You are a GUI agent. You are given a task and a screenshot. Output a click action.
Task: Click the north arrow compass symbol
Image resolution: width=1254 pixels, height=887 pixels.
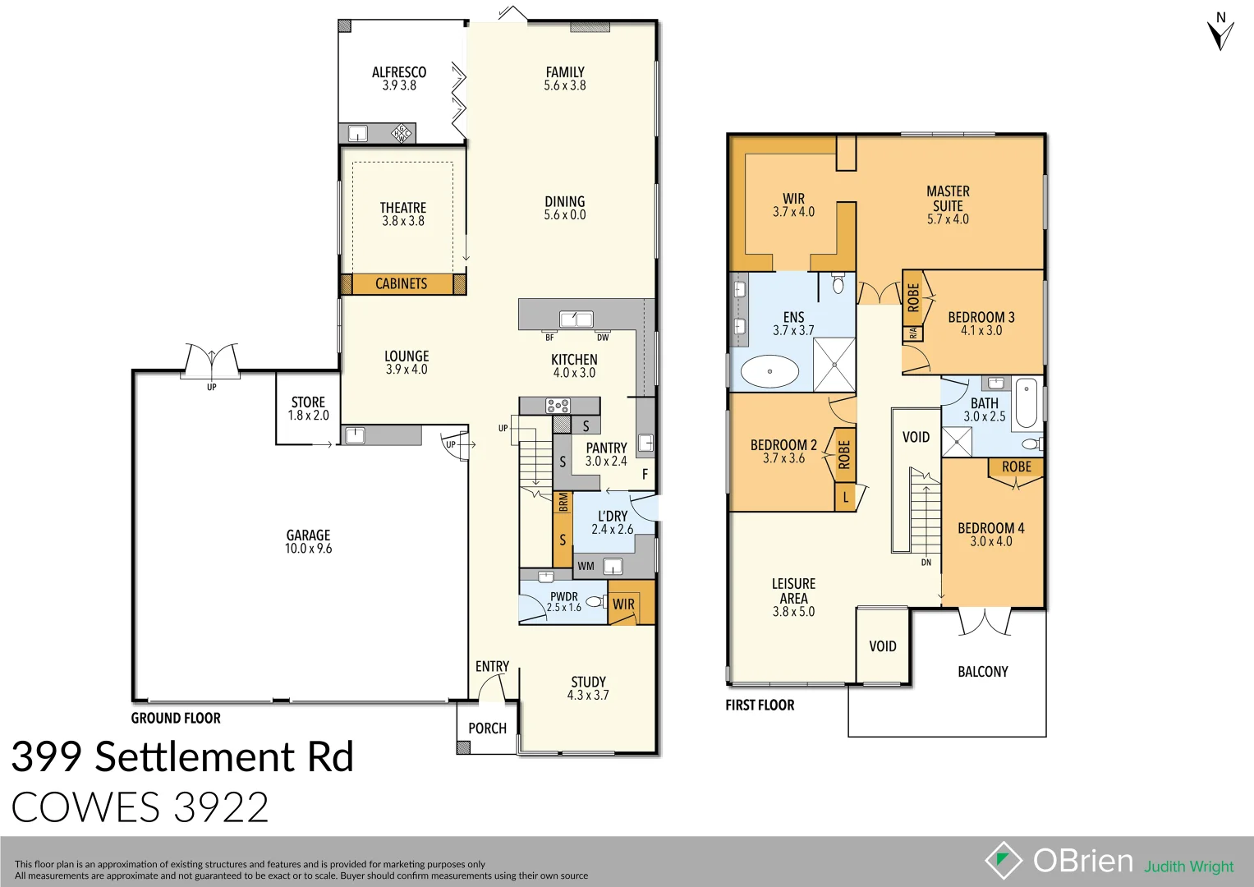1220,33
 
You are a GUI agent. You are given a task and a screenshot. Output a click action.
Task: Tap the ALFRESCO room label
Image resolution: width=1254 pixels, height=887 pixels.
399,72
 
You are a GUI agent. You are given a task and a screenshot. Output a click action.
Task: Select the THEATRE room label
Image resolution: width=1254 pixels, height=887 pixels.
402,208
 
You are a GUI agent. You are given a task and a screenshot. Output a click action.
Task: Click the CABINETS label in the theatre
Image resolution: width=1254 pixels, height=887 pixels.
401,284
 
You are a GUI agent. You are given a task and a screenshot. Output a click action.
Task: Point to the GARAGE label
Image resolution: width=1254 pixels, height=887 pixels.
308,535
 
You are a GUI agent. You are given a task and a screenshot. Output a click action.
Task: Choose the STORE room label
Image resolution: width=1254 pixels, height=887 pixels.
308,402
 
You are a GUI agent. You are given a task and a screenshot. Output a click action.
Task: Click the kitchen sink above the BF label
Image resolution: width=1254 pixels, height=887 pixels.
576,319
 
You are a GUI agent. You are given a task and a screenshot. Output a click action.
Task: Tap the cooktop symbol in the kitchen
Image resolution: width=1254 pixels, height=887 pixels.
558,405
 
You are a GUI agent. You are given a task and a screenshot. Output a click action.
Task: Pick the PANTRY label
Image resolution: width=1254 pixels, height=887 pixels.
606,448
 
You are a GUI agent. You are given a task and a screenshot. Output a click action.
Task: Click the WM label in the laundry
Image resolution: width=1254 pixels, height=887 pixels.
586,567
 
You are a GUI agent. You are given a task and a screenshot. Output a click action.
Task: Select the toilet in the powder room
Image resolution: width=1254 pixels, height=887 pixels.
595,602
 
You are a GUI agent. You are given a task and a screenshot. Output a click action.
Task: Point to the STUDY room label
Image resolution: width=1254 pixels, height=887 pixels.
588,682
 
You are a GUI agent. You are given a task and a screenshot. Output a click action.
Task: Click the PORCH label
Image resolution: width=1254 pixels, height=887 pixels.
487,728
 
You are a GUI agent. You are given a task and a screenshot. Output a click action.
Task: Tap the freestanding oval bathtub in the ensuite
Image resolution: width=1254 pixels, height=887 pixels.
769,372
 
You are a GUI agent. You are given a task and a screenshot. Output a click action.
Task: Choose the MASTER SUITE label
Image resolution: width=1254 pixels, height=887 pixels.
948,199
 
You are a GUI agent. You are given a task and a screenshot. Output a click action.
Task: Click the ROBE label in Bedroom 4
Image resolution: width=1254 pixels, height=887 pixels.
1016,466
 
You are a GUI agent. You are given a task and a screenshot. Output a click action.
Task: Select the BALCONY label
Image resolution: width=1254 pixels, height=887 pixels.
982,672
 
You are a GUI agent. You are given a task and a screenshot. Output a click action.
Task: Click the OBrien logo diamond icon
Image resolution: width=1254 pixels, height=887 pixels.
1004,861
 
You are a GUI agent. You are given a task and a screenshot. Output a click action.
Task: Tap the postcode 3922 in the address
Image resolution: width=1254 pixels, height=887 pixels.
222,808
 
